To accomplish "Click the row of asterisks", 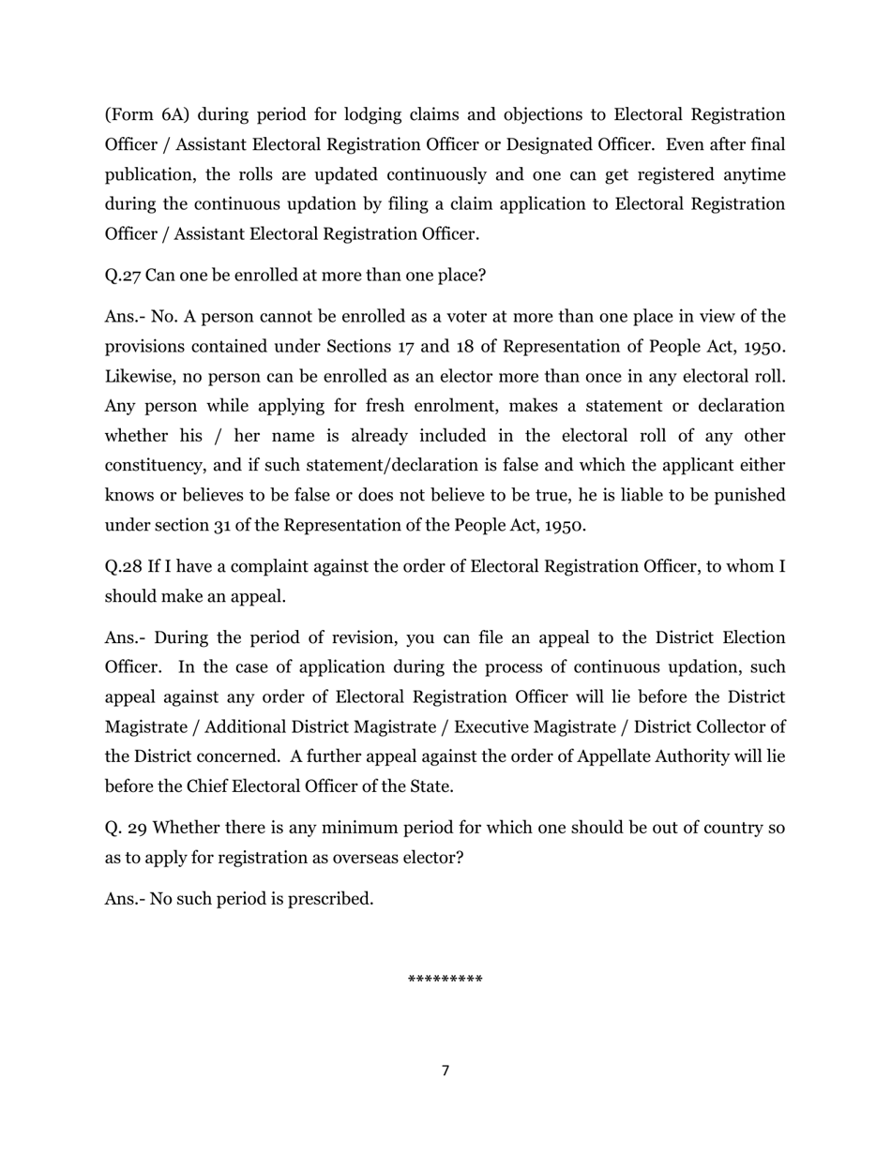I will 445,981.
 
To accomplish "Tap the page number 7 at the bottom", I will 445,1071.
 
